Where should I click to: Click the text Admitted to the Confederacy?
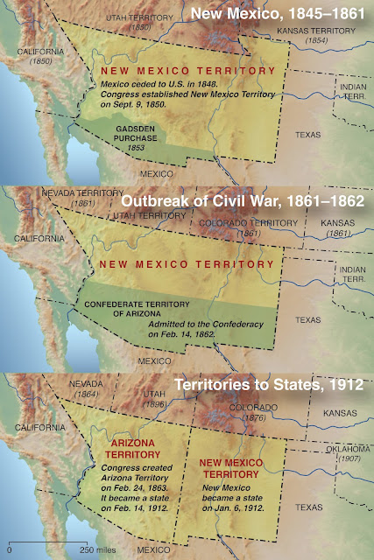(208, 325)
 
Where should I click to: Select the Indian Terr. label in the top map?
(351, 90)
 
